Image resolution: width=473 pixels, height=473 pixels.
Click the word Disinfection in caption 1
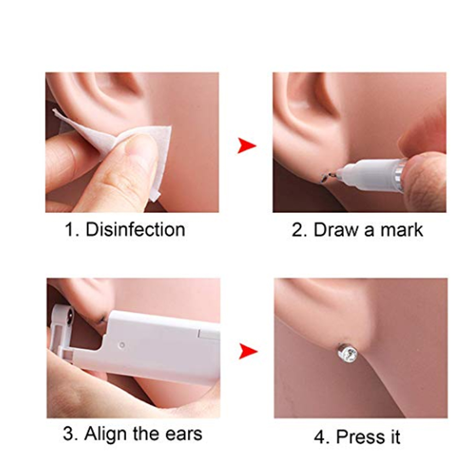pos(135,230)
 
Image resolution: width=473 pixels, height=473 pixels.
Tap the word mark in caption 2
pos(399,230)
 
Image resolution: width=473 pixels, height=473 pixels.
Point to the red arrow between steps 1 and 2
pos(246,145)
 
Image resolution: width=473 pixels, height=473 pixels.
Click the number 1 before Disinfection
pos(69,230)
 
